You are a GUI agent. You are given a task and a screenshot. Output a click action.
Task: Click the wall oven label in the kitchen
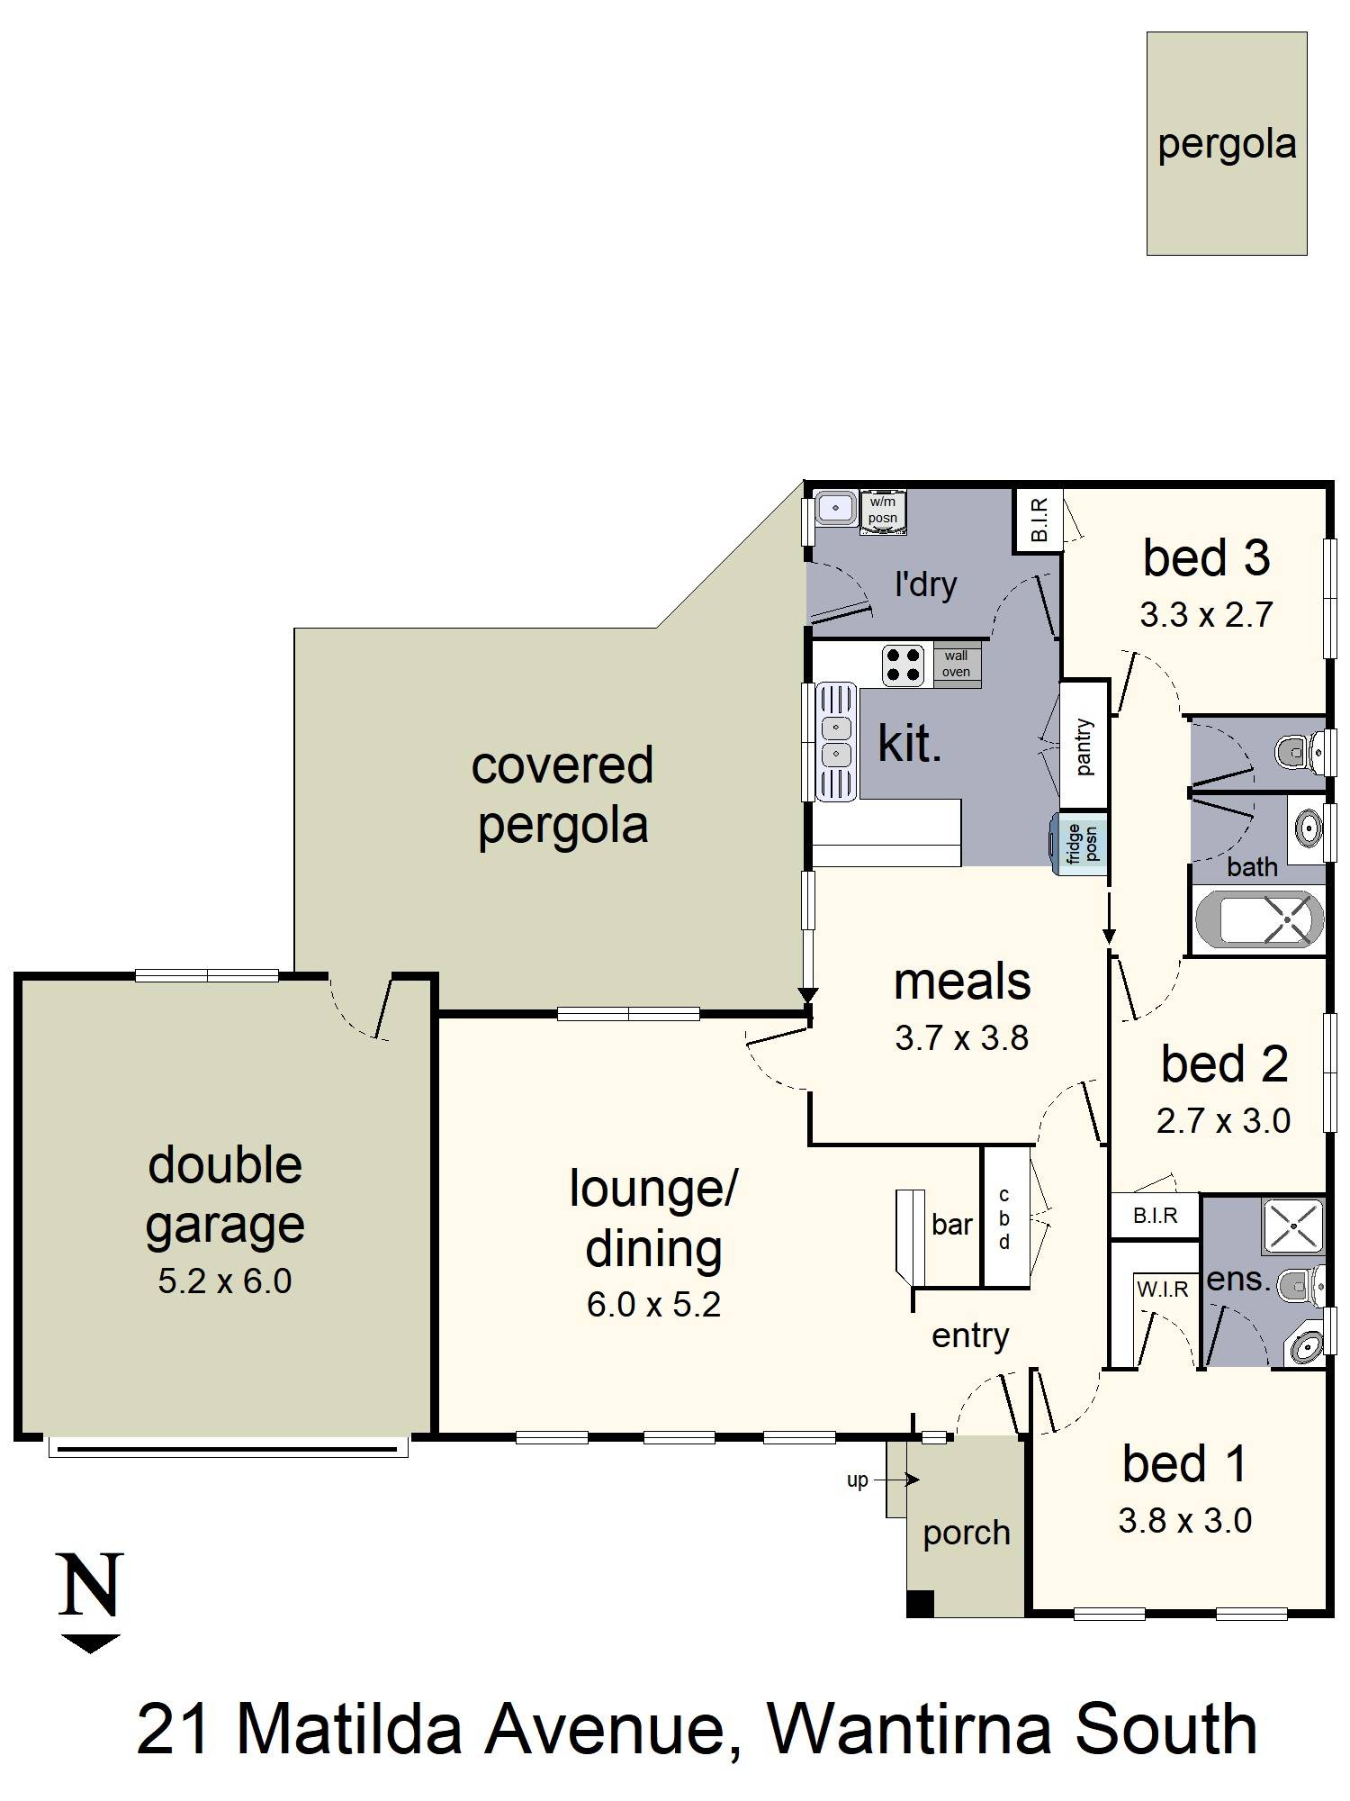click(x=956, y=664)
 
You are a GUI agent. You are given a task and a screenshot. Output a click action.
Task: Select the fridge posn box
click(x=1078, y=843)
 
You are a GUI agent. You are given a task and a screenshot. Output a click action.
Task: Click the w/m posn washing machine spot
click(x=882, y=511)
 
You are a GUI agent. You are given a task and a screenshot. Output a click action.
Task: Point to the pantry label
click(x=1084, y=746)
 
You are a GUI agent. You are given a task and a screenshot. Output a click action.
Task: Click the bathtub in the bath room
click(x=1259, y=919)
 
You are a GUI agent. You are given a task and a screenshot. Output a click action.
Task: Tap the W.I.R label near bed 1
click(x=1163, y=1289)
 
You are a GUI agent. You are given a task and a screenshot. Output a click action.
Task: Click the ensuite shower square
click(x=1293, y=1226)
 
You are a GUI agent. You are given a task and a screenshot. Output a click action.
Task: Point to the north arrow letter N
click(x=90, y=1584)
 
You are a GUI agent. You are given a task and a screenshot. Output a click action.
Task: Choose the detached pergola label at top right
click(x=1227, y=145)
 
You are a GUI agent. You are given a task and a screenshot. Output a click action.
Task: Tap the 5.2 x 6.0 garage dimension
click(x=225, y=1281)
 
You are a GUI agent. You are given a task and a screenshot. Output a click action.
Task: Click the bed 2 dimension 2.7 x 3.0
click(x=1223, y=1121)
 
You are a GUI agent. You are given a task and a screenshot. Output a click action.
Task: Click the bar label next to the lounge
click(x=952, y=1224)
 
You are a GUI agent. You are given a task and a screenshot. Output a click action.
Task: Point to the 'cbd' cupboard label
click(x=1004, y=1218)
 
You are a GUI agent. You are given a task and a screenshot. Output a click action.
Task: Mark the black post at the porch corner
click(x=921, y=1603)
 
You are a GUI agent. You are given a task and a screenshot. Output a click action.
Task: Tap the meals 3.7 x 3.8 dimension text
click(x=961, y=1038)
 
